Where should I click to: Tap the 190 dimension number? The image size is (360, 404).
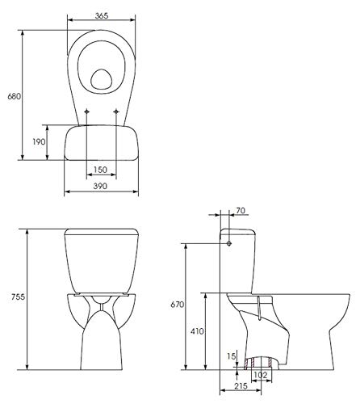(38, 142)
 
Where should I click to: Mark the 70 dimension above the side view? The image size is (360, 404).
(241, 212)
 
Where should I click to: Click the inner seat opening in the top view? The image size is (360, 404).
(100, 79)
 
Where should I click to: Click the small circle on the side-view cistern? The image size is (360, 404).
(229, 242)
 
